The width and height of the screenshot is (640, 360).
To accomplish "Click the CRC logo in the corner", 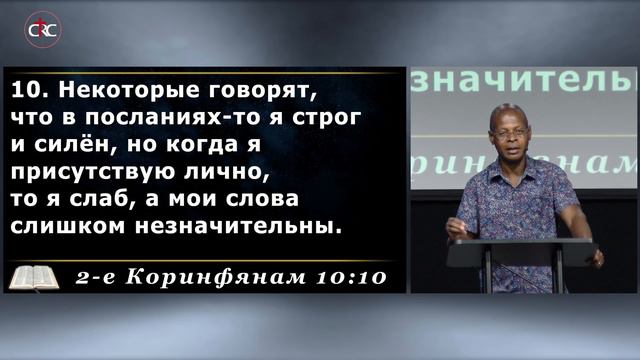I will point(42,29).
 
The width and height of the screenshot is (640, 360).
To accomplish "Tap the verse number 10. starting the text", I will point(27,91).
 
